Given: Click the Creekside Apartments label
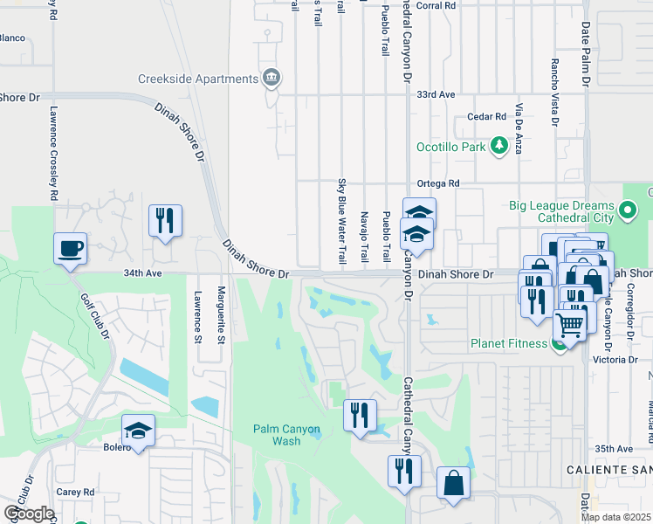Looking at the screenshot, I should [197, 79].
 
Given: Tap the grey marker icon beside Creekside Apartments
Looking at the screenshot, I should [272, 79].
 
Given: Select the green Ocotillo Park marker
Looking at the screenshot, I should [499, 146].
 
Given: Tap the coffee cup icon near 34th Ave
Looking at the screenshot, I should [71, 250].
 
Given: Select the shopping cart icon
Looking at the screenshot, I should [570, 327].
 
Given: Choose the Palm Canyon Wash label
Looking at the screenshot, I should [287, 434].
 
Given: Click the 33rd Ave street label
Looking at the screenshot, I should [436, 94].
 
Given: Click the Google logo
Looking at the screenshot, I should [29, 514].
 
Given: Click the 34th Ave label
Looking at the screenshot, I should [143, 272].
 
